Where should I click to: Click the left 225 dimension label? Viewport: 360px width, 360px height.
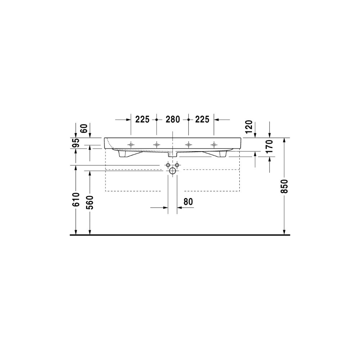(142, 120)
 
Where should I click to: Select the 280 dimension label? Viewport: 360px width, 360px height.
(173, 120)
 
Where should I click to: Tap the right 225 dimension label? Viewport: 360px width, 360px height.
(202, 120)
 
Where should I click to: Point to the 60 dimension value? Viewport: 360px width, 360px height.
(84, 129)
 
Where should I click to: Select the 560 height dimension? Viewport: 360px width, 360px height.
(90, 202)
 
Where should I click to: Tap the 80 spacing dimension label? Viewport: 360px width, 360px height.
(188, 202)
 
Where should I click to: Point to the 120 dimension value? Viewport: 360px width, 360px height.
(249, 127)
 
